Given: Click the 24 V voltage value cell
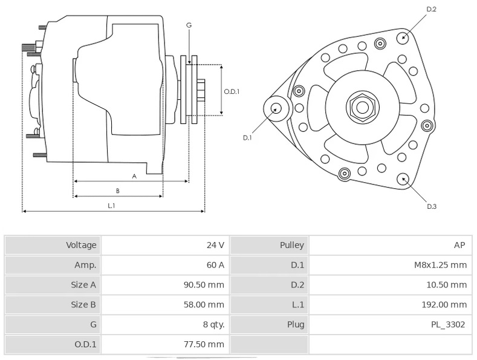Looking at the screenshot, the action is [215, 245].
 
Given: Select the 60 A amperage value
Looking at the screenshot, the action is [215, 265].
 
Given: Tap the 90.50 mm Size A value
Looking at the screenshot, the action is [204, 285].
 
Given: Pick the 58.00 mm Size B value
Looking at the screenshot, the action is [204, 304].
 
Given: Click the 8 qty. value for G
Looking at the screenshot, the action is [214, 325].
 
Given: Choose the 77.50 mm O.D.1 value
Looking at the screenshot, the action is [204, 344].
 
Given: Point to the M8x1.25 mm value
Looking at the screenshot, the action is [441, 265].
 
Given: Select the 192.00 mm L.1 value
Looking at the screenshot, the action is [444, 304].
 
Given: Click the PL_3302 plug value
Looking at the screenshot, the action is [448, 325].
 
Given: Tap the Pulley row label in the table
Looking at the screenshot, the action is [292, 246].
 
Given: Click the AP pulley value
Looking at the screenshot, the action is [459, 245].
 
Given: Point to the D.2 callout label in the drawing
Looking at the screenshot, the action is [432, 9].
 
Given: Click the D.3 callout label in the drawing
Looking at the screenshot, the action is [432, 206].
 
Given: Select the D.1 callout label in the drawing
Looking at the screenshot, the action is [247, 138].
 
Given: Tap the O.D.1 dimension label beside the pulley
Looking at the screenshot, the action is [232, 91].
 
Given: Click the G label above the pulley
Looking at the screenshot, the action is [189, 25].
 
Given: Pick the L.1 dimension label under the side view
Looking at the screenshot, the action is [111, 206].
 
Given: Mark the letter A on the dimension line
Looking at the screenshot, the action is [134, 176].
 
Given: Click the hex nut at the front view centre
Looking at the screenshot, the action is [362, 107].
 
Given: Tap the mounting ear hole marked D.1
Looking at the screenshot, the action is [276, 108].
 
